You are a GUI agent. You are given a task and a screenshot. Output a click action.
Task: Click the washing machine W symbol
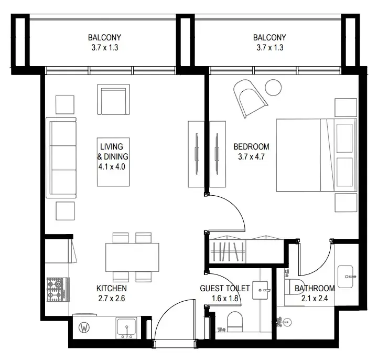(x=84, y=327)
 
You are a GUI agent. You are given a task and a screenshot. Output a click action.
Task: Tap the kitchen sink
(x=126, y=328)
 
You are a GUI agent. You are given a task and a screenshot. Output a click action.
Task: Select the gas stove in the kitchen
(x=58, y=290)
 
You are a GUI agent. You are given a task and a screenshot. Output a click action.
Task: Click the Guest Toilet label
(x=225, y=288)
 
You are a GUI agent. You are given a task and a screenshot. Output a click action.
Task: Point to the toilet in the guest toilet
(x=234, y=322)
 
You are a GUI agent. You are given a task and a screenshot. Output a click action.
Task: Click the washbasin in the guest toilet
(x=260, y=290)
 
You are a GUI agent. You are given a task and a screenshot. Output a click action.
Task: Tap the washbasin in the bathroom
(x=345, y=277)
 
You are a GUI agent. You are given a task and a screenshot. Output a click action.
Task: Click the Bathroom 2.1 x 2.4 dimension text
(x=315, y=299)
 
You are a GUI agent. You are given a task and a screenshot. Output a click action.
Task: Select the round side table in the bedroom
(x=273, y=88)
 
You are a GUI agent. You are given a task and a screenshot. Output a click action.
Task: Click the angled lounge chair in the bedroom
(x=249, y=98)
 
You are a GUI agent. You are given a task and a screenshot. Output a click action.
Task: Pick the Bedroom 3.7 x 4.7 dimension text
(x=252, y=157)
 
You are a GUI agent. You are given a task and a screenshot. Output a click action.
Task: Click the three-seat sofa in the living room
(x=61, y=158)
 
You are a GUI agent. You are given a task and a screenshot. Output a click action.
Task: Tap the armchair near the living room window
(x=113, y=99)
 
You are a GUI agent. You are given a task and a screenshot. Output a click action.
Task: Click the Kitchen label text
(x=112, y=288)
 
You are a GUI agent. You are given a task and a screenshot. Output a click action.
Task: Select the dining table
(x=132, y=257)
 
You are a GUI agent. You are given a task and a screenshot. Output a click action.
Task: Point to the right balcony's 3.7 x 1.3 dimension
(x=270, y=48)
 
